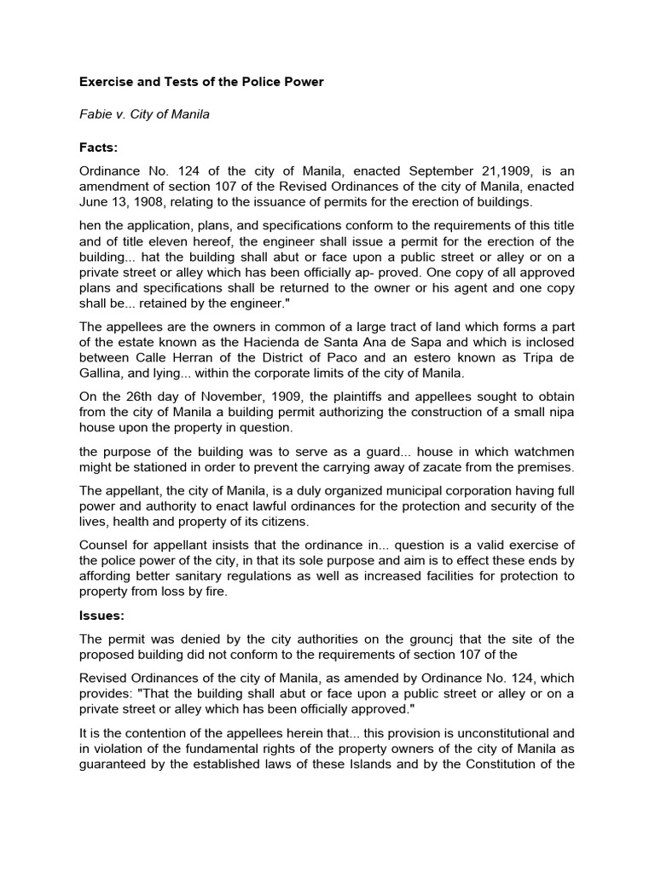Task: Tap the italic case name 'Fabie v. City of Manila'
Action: [x=144, y=115]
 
